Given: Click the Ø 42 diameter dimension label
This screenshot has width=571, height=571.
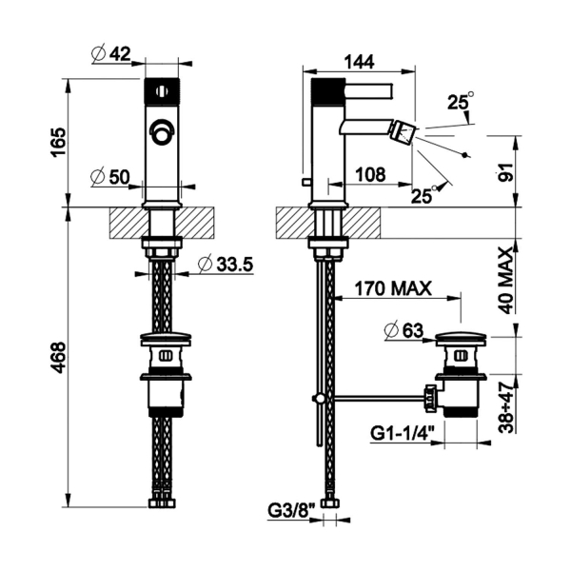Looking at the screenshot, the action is click(x=110, y=54).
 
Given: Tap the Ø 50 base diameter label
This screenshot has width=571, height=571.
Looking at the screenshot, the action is click(x=110, y=177).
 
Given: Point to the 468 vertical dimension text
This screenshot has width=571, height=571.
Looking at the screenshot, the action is click(x=59, y=357).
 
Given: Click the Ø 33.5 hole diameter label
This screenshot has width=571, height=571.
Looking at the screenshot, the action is click(x=226, y=264).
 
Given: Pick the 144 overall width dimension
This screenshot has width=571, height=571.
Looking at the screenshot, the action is click(x=360, y=62).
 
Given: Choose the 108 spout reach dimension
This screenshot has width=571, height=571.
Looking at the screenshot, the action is click(x=370, y=175).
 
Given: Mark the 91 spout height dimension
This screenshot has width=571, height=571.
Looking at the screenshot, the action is click(x=505, y=172).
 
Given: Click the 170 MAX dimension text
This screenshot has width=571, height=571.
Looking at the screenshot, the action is click(x=393, y=288).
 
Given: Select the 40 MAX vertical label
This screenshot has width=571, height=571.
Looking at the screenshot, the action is click(x=506, y=281).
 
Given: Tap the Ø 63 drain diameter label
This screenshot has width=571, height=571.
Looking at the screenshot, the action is click(x=404, y=331).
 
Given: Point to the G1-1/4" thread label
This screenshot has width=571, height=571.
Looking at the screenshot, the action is click(x=403, y=434).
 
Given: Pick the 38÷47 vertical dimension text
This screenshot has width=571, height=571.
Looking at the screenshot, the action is click(x=506, y=408).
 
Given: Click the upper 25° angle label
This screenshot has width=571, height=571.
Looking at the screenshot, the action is click(x=461, y=101).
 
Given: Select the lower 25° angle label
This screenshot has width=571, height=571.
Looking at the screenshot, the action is click(x=424, y=195).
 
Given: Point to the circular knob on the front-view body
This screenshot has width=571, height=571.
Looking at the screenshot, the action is click(x=162, y=131).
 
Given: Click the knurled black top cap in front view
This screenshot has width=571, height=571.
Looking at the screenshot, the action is click(x=162, y=91).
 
